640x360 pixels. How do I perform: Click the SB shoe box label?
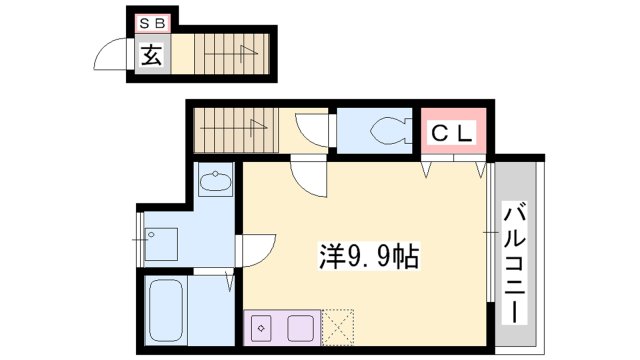click(154, 22)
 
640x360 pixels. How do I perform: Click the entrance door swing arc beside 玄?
click(114, 55)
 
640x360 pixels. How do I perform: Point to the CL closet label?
click(452, 131)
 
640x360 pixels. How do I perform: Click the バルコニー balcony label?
click(516, 261)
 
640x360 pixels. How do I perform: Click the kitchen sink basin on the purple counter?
click(299, 327)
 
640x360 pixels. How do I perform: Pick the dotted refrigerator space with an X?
click(338, 326)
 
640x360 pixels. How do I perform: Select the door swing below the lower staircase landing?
click(308, 176)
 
